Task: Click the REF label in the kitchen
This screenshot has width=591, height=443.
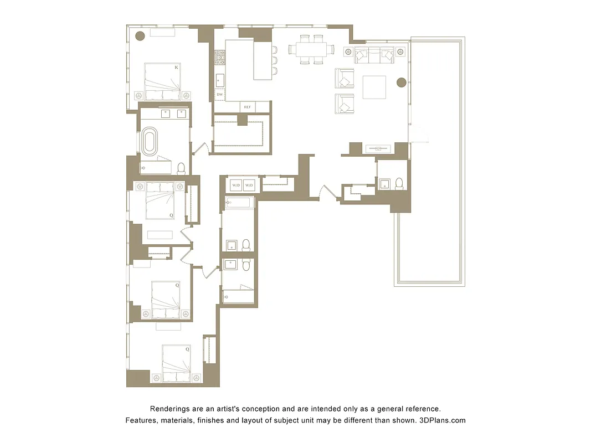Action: (248, 107)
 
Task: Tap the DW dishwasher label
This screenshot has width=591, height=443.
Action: (220, 95)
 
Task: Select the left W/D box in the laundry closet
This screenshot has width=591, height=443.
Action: (235, 184)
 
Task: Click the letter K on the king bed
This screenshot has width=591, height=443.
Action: (176, 68)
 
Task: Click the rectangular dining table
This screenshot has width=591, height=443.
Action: (311, 50)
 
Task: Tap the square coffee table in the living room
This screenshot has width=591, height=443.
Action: (374, 87)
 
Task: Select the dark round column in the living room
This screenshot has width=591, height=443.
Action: (402, 83)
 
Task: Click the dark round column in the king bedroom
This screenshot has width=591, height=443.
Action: (140, 36)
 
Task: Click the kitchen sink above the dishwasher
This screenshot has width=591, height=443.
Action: (220, 79)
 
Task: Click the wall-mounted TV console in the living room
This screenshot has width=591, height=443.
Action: (378, 148)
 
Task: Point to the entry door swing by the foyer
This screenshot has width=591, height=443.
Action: (331, 193)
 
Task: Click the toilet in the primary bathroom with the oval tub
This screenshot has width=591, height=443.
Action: (181, 168)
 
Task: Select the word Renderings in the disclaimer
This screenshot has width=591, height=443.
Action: (171, 409)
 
